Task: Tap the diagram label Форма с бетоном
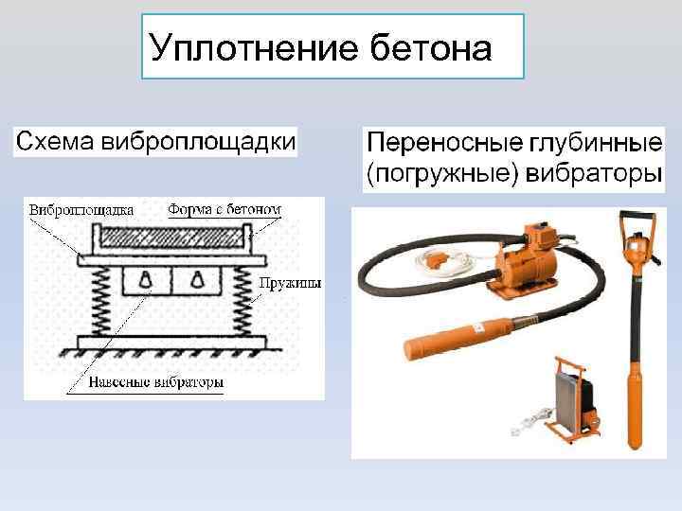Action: click(x=225, y=209)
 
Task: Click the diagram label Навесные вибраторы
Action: click(x=157, y=383)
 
